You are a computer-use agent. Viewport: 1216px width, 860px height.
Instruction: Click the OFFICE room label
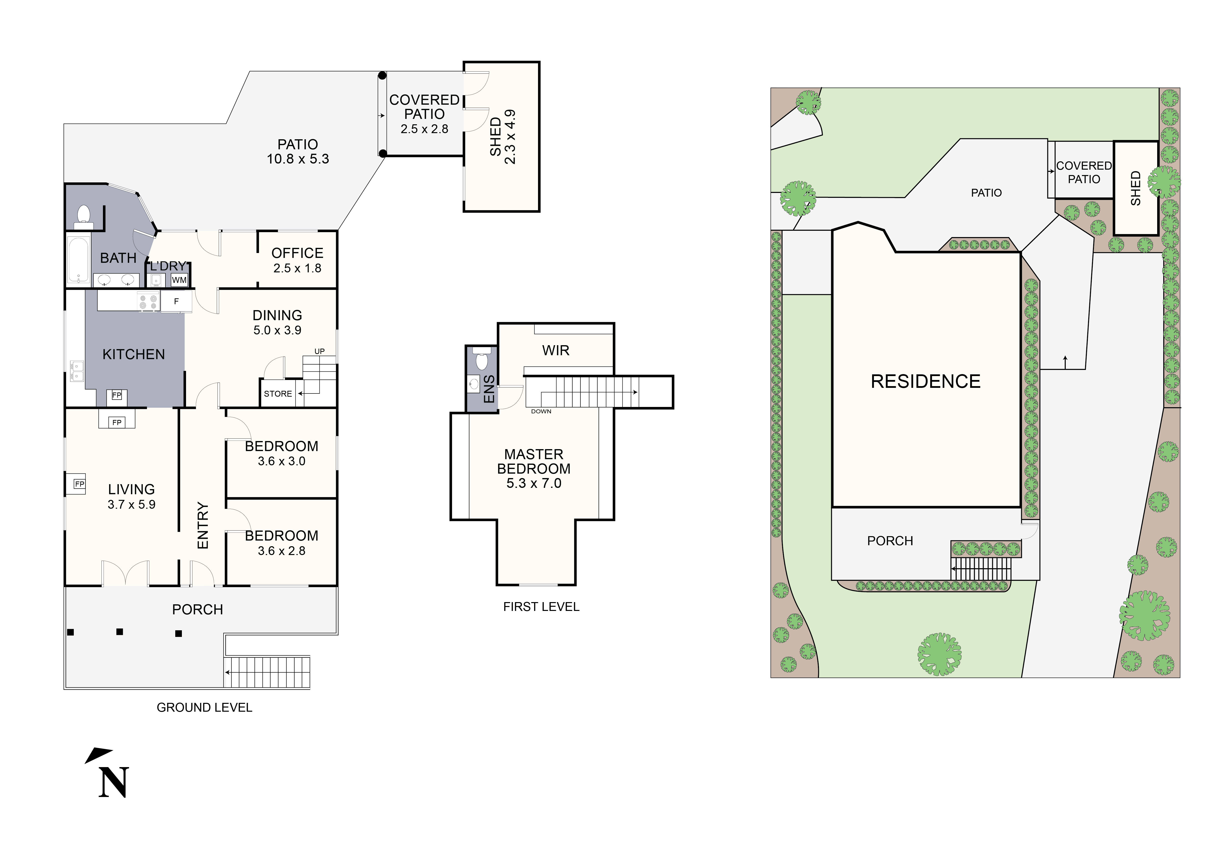click(x=297, y=253)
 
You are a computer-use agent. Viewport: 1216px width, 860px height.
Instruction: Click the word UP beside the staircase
click(x=319, y=351)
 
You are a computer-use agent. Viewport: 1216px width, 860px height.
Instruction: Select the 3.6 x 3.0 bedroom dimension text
click(x=281, y=461)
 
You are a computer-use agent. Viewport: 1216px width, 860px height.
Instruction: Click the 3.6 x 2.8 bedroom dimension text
click(x=281, y=551)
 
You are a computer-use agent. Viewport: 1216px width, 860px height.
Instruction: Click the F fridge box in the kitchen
click(x=176, y=301)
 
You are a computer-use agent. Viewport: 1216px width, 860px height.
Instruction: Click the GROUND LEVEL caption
click(x=204, y=708)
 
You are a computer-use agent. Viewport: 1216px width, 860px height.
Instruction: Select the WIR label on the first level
click(x=556, y=351)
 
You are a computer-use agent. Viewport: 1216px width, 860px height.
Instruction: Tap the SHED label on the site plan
click(x=1135, y=188)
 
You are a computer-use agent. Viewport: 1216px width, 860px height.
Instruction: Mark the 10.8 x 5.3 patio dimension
click(x=298, y=159)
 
